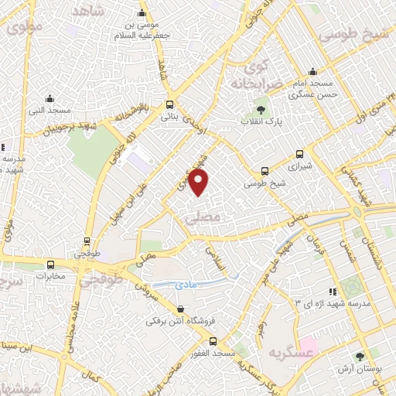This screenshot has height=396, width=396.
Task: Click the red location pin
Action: pos(200,183)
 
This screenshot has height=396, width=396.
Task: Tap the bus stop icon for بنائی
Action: pos(170,104)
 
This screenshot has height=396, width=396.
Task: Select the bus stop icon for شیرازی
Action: pos(299,154)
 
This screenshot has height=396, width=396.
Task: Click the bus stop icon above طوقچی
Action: pos(86,241)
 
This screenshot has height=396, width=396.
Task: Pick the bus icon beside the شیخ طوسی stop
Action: pos(265,171)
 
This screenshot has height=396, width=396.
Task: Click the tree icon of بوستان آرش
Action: pos(360,357)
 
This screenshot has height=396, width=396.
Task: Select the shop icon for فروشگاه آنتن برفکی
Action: pos(180,309)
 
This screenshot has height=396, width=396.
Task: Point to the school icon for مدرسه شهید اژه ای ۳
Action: pos(332,292)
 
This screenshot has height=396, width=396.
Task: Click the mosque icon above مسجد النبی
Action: pos(49,98)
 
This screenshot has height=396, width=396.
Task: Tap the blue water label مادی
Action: pos(187,285)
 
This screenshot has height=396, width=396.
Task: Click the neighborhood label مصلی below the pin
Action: pos(203,219)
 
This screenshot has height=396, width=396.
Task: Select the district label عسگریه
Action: pos(284,353)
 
